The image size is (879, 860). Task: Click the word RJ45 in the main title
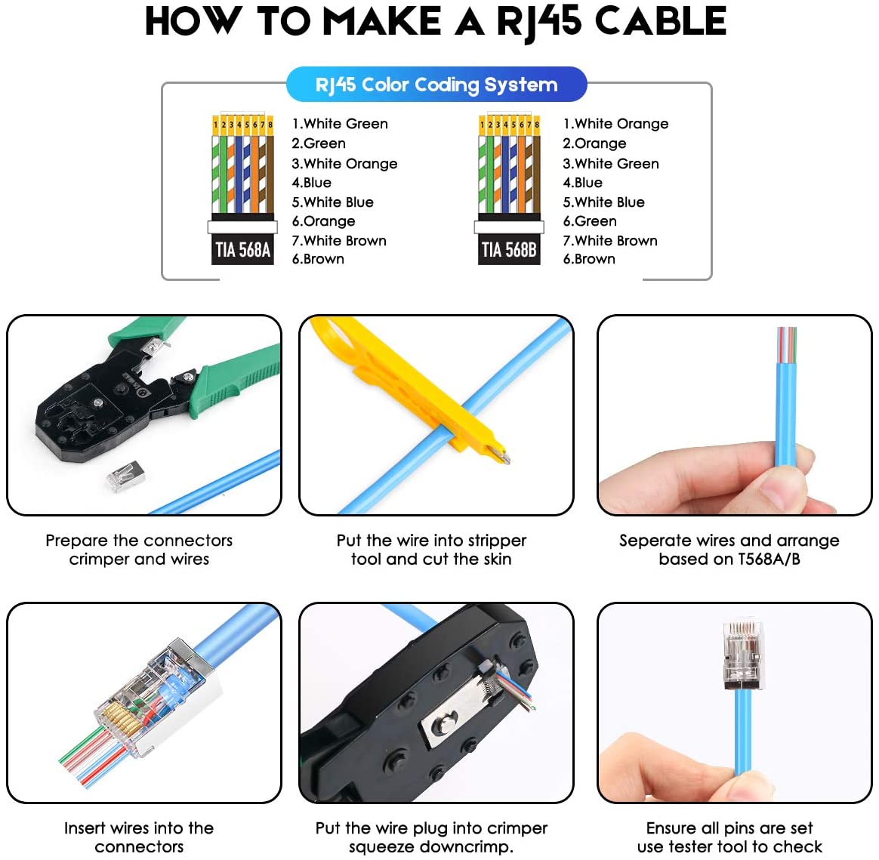point(539,21)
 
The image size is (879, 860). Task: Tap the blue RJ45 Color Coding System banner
point(436,85)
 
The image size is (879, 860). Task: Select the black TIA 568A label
point(242,249)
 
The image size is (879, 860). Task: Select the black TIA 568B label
point(509,249)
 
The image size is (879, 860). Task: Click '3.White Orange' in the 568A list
point(344,164)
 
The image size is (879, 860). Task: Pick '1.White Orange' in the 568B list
point(615,124)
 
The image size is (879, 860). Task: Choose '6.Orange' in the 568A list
point(323,221)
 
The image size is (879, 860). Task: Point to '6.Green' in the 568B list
point(590,221)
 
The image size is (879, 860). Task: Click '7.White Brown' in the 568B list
point(610,241)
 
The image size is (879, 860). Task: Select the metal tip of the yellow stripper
point(498,455)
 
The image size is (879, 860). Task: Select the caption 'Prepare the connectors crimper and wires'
point(139,550)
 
